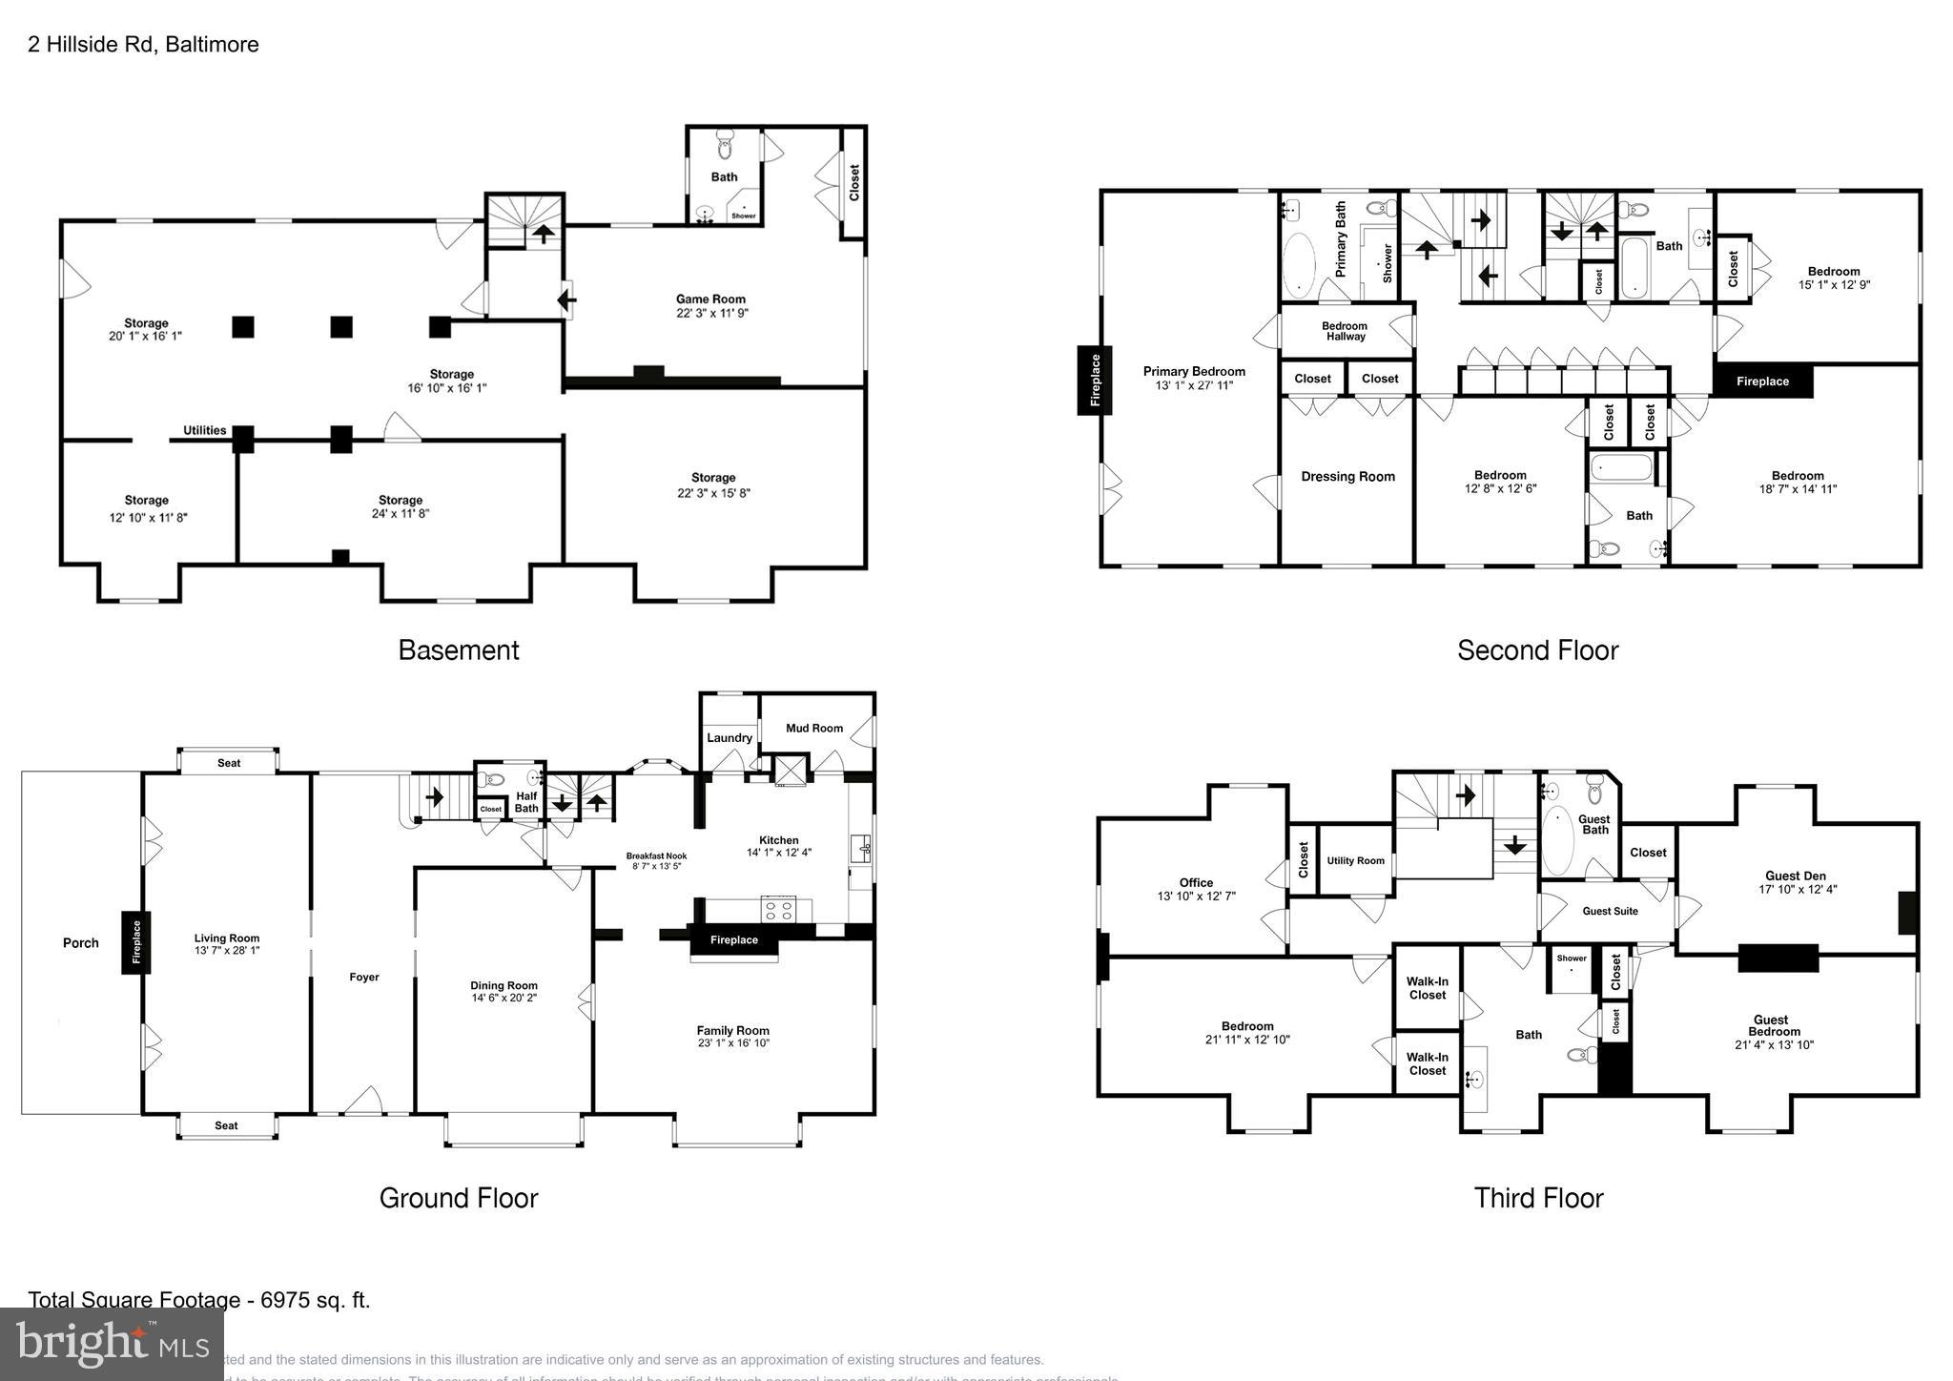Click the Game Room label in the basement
(x=710, y=299)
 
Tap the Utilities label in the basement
(x=205, y=430)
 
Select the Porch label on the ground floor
(x=81, y=943)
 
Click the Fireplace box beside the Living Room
(x=136, y=942)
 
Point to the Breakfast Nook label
(x=656, y=856)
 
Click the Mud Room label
(x=814, y=729)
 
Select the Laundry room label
(x=730, y=738)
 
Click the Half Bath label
(x=526, y=802)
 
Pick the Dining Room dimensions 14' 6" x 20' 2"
(x=504, y=999)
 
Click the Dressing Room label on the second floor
(x=1347, y=477)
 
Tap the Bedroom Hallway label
(x=1345, y=331)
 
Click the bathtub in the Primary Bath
(x=1299, y=263)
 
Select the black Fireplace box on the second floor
(x=1762, y=381)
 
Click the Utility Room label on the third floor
(x=1355, y=861)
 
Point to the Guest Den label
(x=1796, y=876)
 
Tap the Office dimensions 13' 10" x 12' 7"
(x=1196, y=897)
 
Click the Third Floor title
(x=1538, y=1198)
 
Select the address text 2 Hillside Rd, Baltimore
(x=143, y=45)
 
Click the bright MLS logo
(x=112, y=1344)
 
